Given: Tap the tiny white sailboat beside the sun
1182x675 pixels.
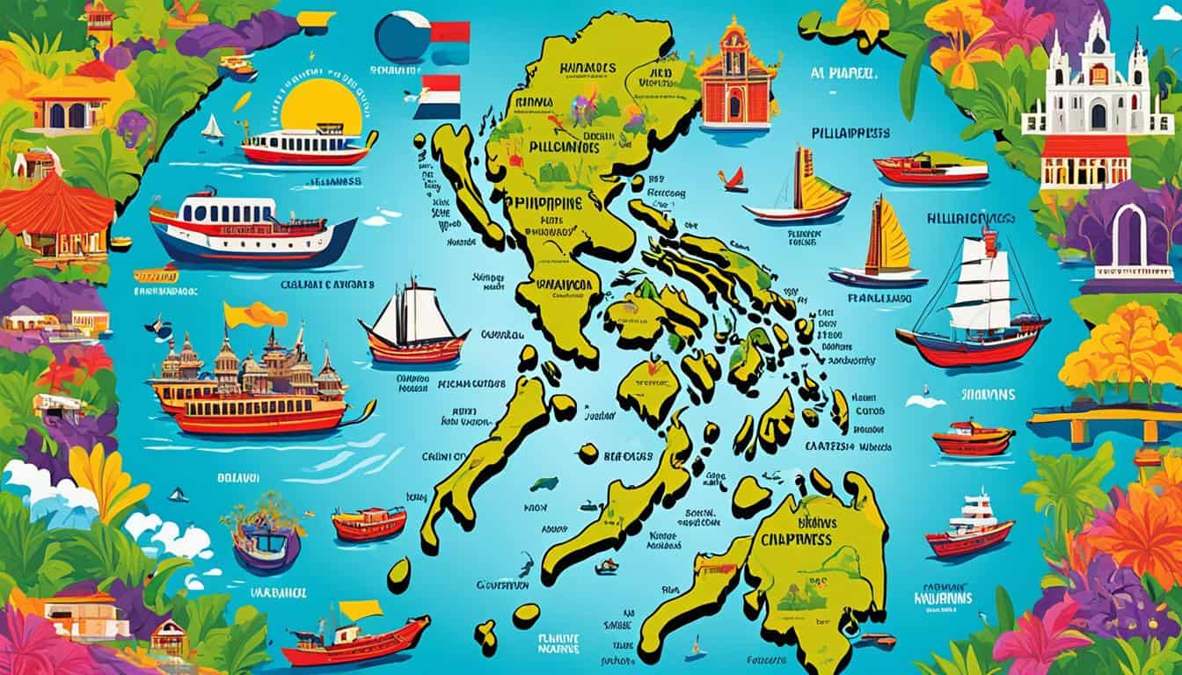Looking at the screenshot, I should coord(212,128).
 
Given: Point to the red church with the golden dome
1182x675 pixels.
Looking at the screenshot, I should coord(739,76).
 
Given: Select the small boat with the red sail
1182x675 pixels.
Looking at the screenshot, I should coord(733,180).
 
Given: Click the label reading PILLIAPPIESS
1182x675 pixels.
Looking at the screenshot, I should coord(847,133).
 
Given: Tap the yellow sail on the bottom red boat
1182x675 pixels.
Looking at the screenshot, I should coord(360,609).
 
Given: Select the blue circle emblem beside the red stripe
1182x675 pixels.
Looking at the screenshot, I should coord(401,37).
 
